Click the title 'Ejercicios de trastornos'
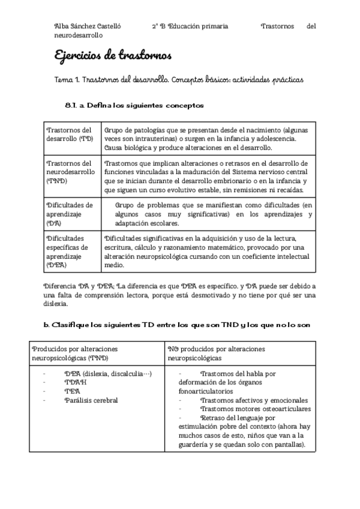coord(113,56)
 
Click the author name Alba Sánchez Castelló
coord(88,26)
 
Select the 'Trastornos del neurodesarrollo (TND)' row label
coord(70,172)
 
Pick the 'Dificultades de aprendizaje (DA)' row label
coord(70,214)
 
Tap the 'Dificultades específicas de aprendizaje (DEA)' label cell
coord(70,251)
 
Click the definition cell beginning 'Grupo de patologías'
coord(207,138)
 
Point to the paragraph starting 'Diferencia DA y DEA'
coord(179,295)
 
